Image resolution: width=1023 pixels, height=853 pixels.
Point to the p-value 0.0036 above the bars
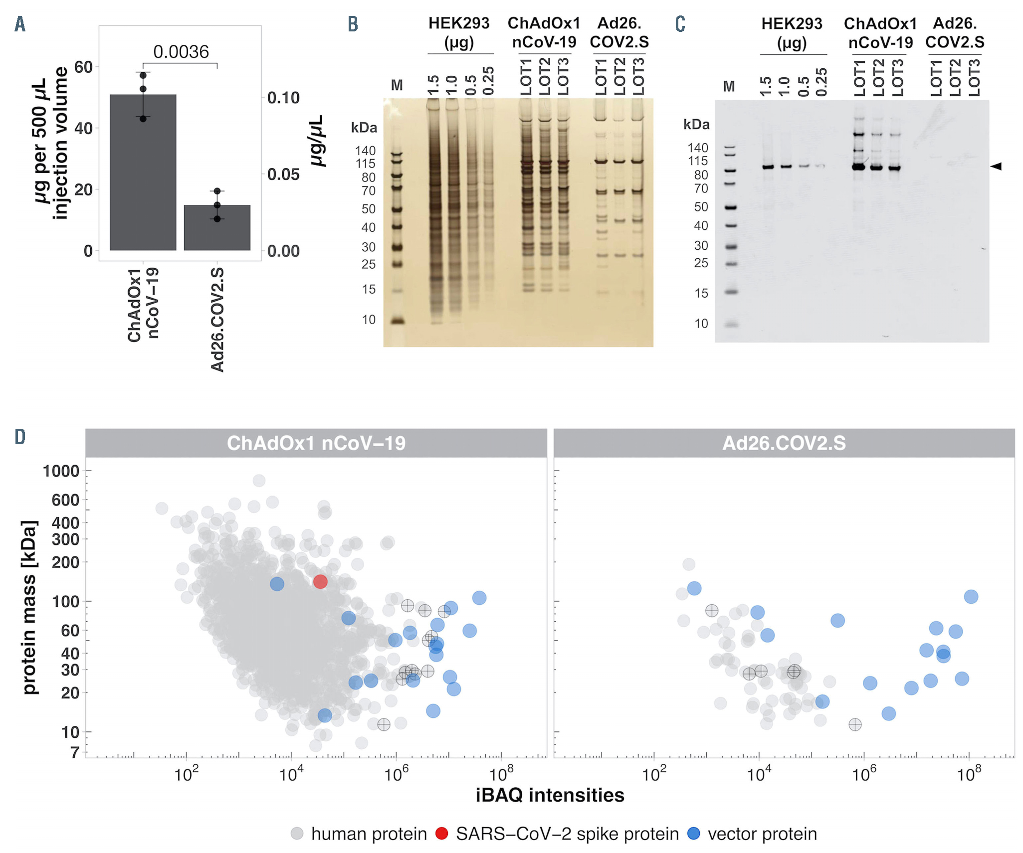(181, 52)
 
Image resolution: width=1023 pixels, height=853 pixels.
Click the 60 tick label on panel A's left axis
(83, 67)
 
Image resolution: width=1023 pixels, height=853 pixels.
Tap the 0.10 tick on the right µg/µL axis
(283, 98)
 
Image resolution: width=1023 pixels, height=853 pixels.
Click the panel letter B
(353, 24)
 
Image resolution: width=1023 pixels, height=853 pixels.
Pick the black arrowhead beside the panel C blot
(996, 166)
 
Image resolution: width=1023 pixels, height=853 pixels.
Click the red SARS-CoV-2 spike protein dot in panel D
(320, 581)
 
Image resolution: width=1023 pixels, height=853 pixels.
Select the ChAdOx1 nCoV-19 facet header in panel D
(316, 443)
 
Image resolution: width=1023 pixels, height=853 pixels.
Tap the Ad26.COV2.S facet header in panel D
(784, 443)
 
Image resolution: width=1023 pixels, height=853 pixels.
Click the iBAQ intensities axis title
(550, 795)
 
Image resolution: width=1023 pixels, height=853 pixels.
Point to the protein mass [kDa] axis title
(30, 607)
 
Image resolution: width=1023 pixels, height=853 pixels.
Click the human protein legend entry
(359, 834)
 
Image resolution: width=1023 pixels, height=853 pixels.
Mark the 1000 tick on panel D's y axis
(61, 471)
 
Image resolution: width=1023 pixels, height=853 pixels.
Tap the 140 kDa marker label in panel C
(697, 148)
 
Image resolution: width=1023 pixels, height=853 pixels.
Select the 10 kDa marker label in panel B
(369, 320)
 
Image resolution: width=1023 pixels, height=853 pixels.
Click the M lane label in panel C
(729, 87)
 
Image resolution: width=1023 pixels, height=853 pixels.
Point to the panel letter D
(20, 437)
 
